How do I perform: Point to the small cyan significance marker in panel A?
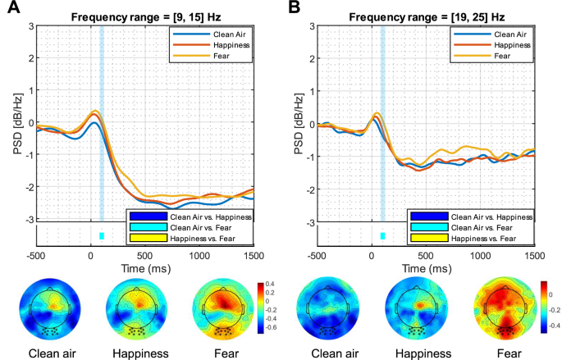tap(102, 236)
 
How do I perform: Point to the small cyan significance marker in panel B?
tap(382, 236)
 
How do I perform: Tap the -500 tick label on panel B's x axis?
tap(317, 255)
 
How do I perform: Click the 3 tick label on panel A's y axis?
tap(30, 26)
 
